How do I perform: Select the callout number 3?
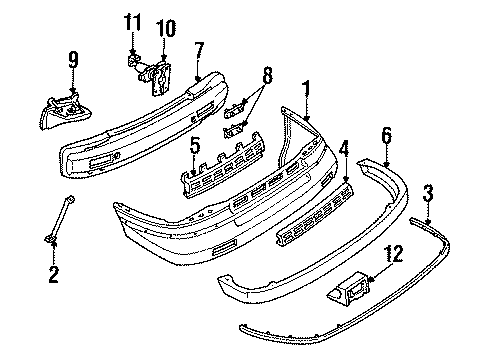pyautogui.click(x=429, y=192)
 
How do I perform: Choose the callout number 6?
pyautogui.click(x=387, y=135)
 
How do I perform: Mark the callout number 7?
pyautogui.click(x=199, y=49)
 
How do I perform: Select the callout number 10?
pyautogui.click(x=164, y=26)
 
